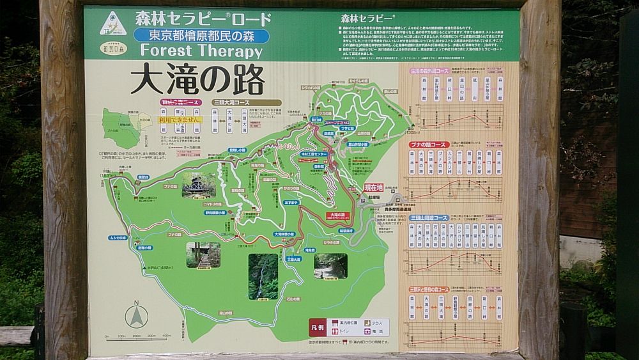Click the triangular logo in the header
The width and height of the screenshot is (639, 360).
pyautogui.click(x=113, y=24)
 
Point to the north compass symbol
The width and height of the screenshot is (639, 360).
pyautogui.click(x=136, y=315)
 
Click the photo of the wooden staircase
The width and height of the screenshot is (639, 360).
pyautogui.click(x=203, y=254)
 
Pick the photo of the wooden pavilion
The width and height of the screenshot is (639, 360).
pyautogui.click(x=199, y=185)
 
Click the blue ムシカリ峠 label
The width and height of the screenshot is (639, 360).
pyautogui.click(x=117, y=237)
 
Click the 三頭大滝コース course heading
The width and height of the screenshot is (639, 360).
pyautogui.click(x=247, y=102)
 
